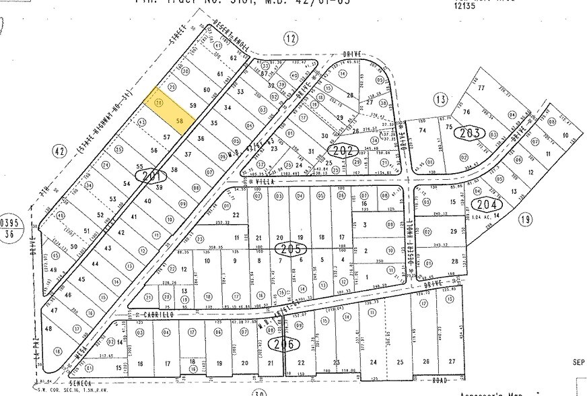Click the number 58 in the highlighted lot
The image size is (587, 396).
tap(180, 121)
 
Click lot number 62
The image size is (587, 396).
tap(234, 59)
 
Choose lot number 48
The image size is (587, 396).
tap(48, 329)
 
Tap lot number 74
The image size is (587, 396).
tap(423, 130)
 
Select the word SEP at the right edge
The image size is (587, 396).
tap(579, 362)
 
